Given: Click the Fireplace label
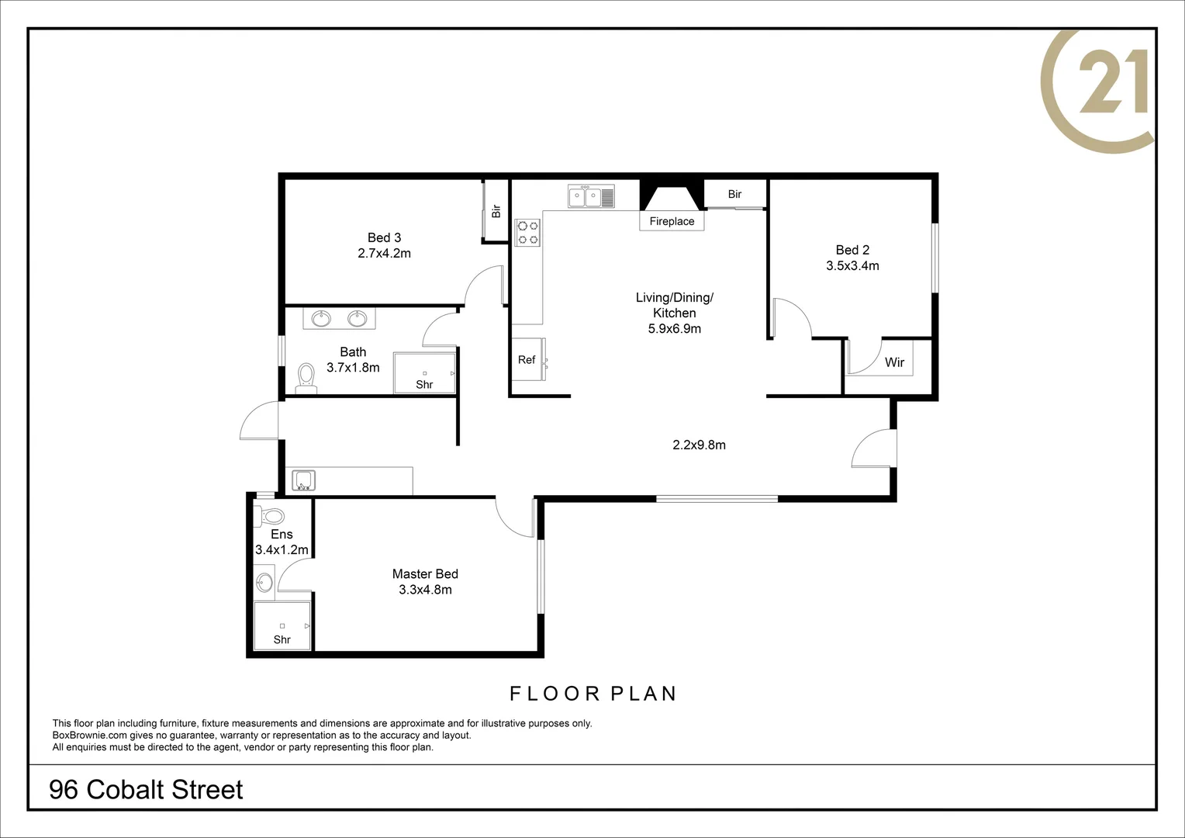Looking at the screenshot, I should click(x=672, y=221).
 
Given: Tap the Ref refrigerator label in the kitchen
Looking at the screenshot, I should click(x=527, y=360).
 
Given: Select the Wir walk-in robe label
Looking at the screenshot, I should click(x=894, y=362).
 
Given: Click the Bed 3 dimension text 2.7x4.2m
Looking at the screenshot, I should click(x=384, y=254).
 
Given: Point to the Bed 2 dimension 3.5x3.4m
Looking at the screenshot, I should click(x=852, y=266).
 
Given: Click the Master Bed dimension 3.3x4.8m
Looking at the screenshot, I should click(x=425, y=590).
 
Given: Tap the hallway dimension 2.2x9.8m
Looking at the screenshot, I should click(x=699, y=445).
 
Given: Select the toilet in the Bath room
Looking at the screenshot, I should click(x=306, y=376).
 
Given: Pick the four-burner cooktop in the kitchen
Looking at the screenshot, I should click(x=528, y=233).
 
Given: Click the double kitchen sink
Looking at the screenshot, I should click(x=591, y=197).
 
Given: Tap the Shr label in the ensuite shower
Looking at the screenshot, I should click(x=282, y=640).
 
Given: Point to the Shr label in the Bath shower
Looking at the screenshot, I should click(x=424, y=385).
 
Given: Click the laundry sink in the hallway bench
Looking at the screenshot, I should click(x=302, y=480).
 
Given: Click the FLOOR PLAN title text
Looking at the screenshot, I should click(x=592, y=694).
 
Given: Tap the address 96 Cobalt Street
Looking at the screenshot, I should click(x=146, y=790).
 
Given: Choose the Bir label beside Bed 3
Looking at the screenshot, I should click(x=496, y=210).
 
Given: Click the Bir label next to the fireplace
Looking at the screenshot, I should click(x=734, y=195).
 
